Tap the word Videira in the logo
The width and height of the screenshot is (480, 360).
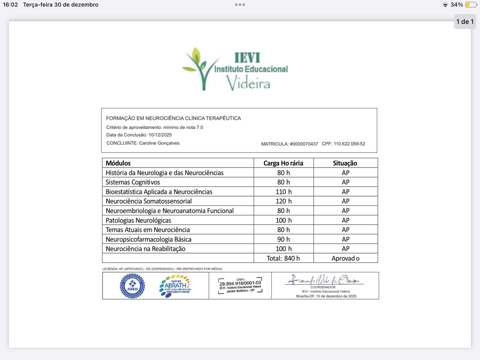[x=248, y=83]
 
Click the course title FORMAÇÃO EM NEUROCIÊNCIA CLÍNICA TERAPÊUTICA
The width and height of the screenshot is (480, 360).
[x=173, y=118]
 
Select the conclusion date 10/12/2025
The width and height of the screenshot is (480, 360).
[x=160, y=135]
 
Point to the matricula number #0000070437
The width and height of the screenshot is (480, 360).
[x=304, y=144]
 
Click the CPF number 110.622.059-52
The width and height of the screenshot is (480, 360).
[x=349, y=144]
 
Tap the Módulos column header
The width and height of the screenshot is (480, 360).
[x=118, y=163]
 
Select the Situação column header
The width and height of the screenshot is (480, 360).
[x=345, y=163]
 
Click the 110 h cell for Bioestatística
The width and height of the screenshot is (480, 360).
[x=283, y=192]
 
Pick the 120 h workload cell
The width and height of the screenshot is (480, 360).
[x=283, y=201]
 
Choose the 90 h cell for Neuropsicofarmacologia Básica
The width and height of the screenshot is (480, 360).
[x=283, y=239]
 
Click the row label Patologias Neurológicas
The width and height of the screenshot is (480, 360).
[x=138, y=220]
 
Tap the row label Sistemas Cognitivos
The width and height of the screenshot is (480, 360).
[x=133, y=182]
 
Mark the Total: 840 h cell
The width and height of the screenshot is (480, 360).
[x=283, y=258]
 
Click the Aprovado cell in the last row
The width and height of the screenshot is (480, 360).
[x=345, y=258]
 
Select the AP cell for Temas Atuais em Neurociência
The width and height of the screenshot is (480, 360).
[x=345, y=230]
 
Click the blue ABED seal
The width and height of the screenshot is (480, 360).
[x=132, y=286]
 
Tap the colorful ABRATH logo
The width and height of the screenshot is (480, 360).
[x=175, y=286]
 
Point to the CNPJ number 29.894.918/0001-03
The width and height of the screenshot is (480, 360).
[x=240, y=283]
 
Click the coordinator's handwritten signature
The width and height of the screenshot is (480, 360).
[x=323, y=280]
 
